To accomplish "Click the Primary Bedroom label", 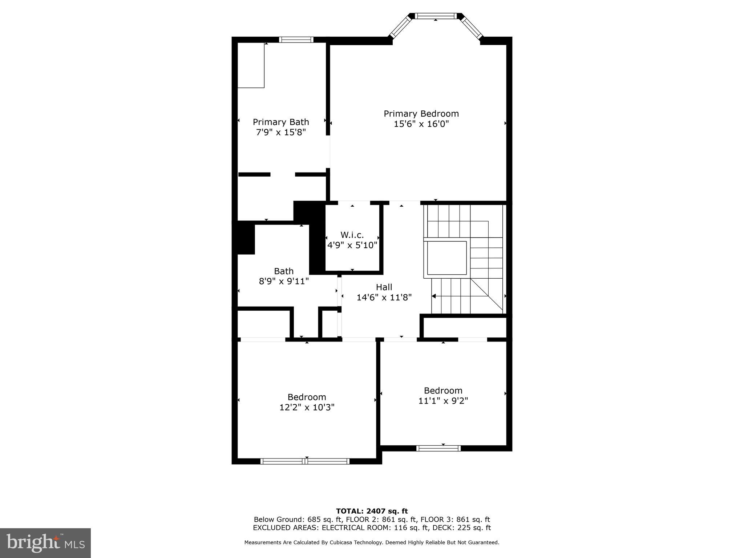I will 421,114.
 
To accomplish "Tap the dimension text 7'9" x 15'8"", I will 281,132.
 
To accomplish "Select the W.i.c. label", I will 352,235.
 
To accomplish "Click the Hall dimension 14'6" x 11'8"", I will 384,298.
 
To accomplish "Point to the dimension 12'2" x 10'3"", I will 307,407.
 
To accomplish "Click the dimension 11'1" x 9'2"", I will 443,401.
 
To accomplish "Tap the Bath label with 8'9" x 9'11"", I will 284,271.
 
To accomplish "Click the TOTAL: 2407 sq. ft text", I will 372,511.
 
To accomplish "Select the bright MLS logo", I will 45,543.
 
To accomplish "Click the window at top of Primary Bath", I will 296,40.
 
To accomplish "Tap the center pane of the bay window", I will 435,16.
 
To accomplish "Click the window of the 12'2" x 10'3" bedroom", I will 305,461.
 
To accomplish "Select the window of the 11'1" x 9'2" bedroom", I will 438,448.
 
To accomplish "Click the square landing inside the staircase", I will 446,258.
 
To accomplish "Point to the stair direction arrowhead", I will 433,296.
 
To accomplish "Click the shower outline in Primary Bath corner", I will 251,65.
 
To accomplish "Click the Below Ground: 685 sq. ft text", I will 298,519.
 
